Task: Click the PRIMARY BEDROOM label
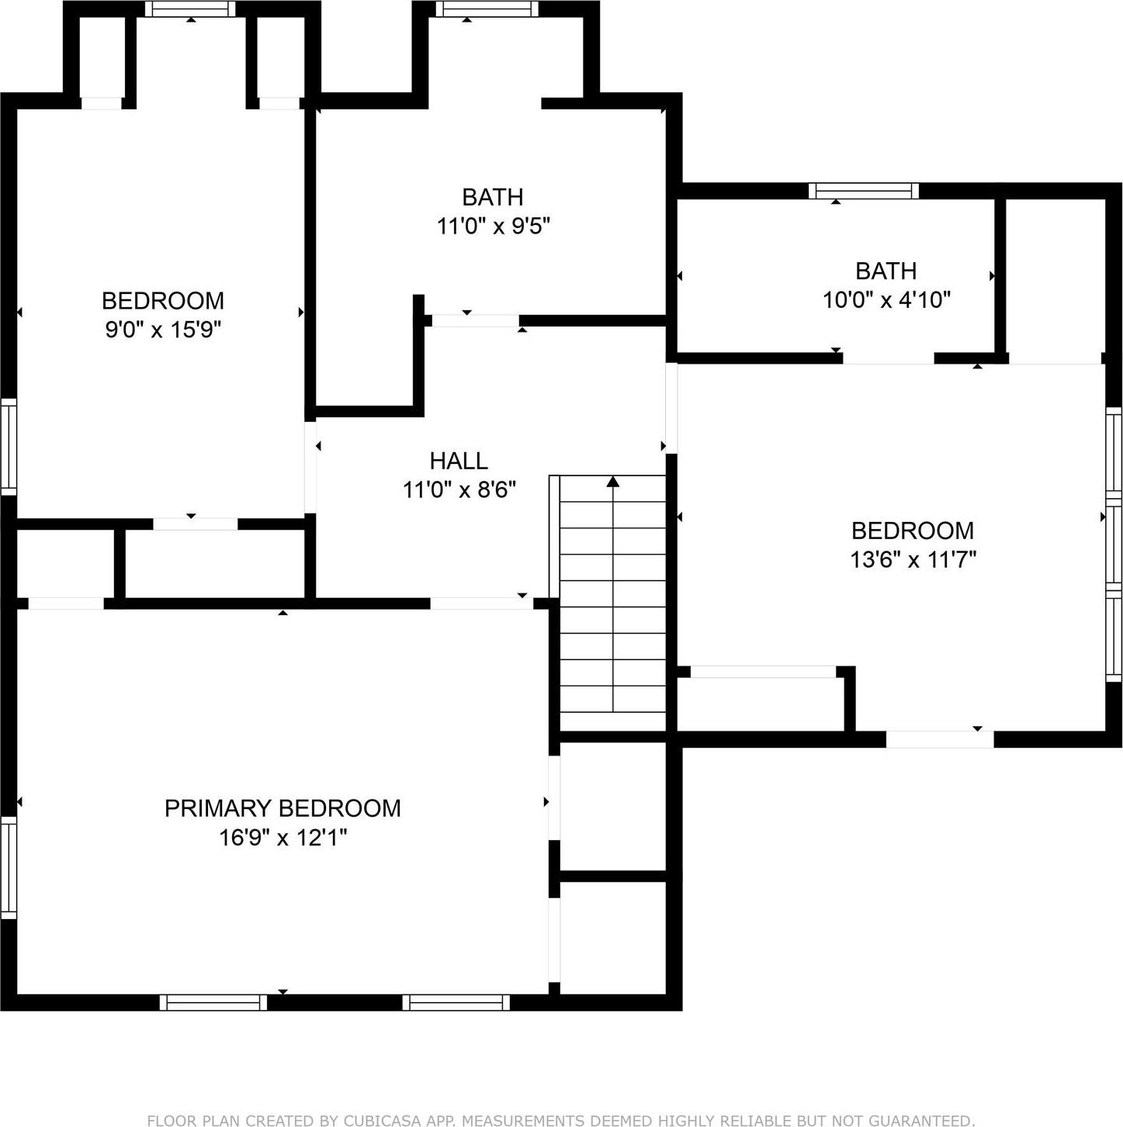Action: point(282,808)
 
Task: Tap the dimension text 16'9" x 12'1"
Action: point(282,838)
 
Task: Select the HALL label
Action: point(459,461)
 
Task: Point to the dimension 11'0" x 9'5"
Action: point(493,226)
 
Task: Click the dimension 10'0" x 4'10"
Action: point(886,300)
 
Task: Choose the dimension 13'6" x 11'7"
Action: point(913,559)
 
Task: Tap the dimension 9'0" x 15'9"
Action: point(163,330)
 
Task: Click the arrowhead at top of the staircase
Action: point(613,482)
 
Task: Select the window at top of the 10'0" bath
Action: point(863,191)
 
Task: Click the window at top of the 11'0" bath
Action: point(486,9)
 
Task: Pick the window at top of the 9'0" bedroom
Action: point(190,9)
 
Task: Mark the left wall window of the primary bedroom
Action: point(8,867)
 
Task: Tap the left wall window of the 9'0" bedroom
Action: point(8,447)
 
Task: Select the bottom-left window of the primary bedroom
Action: point(213,1002)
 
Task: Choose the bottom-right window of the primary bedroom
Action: point(456,1002)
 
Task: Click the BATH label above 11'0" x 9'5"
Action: point(493,197)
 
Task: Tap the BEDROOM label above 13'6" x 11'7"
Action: point(913,531)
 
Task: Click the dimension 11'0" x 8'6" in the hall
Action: point(459,490)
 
